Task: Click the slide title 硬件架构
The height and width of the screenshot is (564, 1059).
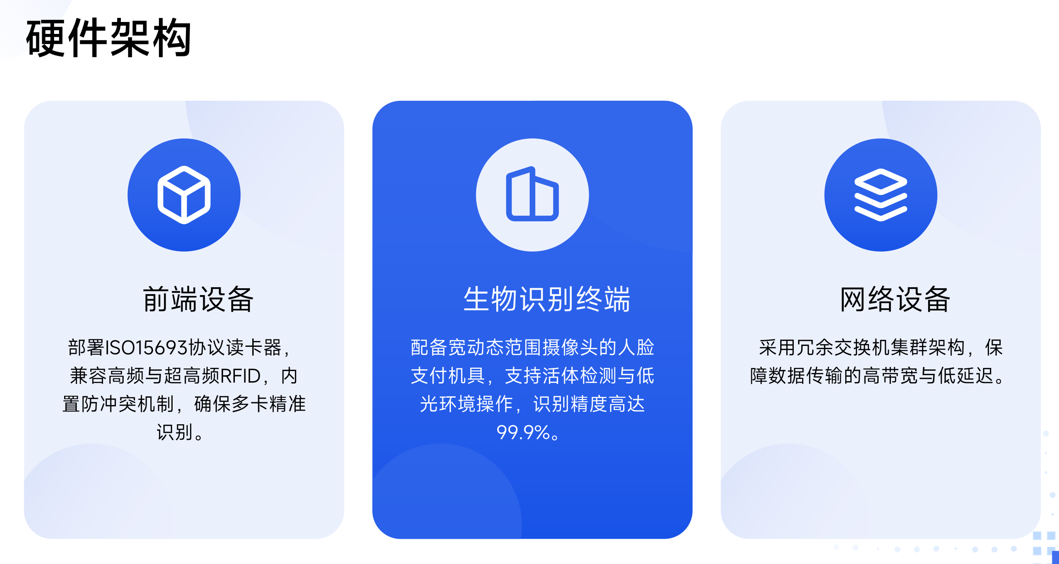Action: click(109, 38)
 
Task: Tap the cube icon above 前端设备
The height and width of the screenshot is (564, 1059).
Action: click(184, 195)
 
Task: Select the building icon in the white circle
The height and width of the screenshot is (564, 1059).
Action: click(532, 195)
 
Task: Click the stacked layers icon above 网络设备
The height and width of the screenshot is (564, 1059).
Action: click(880, 195)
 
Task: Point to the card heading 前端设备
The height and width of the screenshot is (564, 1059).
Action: click(198, 300)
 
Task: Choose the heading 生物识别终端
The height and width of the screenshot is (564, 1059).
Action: click(547, 300)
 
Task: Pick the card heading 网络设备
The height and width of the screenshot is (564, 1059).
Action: click(895, 300)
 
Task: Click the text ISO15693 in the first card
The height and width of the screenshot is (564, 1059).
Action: click(147, 348)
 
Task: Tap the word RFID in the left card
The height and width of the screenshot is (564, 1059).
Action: click(241, 376)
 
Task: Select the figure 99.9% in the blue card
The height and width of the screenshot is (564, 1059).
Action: click(523, 433)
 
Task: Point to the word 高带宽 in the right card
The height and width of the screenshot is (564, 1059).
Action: click(891, 376)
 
